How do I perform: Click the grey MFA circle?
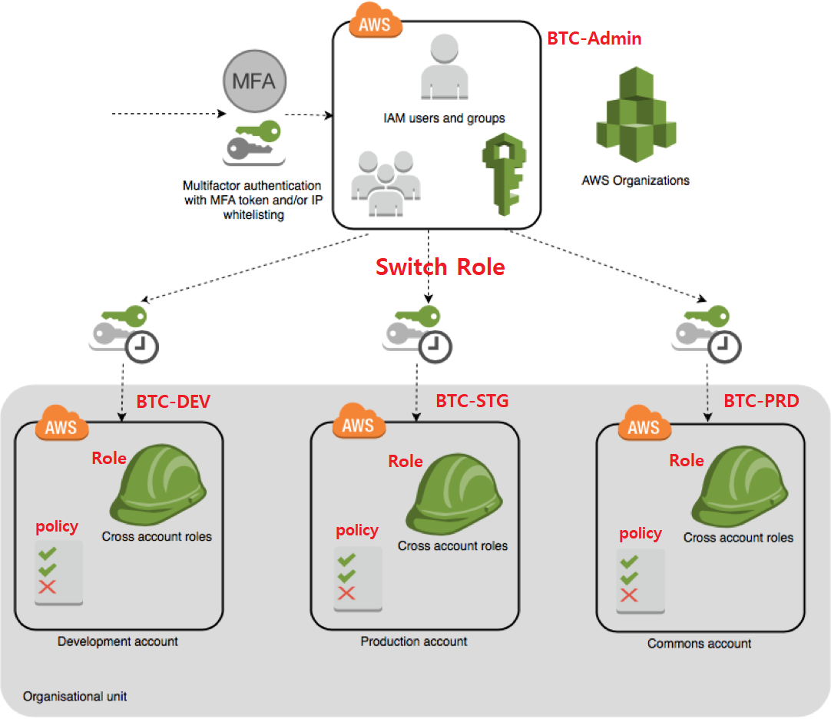click(x=254, y=80)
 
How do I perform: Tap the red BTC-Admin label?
click(x=594, y=38)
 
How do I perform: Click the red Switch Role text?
click(x=439, y=267)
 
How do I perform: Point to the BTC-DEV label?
click(x=173, y=402)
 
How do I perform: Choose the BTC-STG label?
click(x=472, y=401)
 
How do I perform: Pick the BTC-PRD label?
click(x=761, y=401)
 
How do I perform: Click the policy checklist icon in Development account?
click(x=58, y=572)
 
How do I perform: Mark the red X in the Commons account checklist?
click(x=629, y=595)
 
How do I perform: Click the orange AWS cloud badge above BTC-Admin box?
click(x=375, y=22)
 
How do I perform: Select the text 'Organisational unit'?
click(x=74, y=697)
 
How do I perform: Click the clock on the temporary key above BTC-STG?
click(x=435, y=346)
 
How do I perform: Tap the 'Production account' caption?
click(x=414, y=641)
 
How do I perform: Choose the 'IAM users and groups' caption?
click(x=444, y=118)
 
